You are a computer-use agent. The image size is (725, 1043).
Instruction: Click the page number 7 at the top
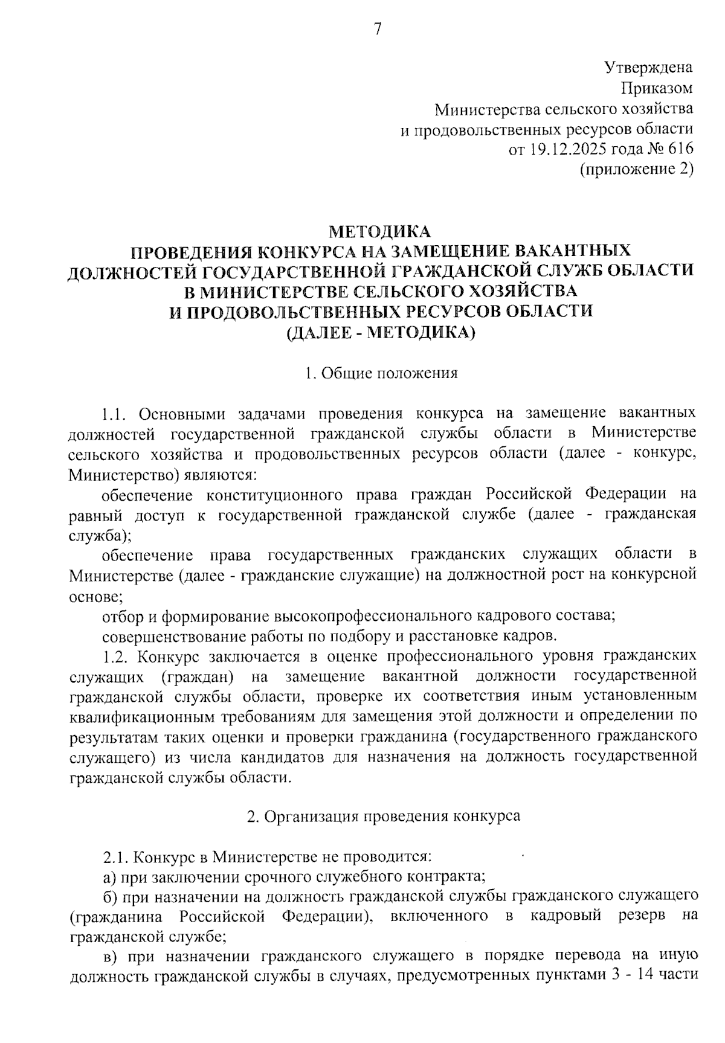(x=378, y=28)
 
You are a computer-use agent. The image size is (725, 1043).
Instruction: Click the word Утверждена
(x=649, y=68)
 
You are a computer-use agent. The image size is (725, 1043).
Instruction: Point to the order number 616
(x=680, y=149)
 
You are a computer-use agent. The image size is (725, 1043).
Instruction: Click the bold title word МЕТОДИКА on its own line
(x=380, y=231)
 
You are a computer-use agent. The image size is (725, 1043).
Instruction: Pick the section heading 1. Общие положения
(x=381, y=373)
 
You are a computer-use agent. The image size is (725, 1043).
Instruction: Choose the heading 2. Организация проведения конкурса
(x=384, y=816)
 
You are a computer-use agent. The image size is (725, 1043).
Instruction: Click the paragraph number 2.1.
(x=114, y=857)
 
